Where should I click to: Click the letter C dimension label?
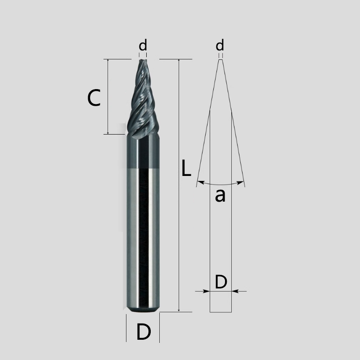point(94,98)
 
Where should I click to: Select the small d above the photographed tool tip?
point(143,45)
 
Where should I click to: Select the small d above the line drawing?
point(220,45)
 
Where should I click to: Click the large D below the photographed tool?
point(143,332)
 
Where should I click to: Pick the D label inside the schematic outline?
point(220,282)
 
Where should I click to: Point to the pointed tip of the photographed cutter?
point(143,60)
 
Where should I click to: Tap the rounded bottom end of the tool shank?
point(143,310)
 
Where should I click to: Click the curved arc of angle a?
point(220,184)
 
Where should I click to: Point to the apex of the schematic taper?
point(220,60)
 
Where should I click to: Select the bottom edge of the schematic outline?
point(221,311)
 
